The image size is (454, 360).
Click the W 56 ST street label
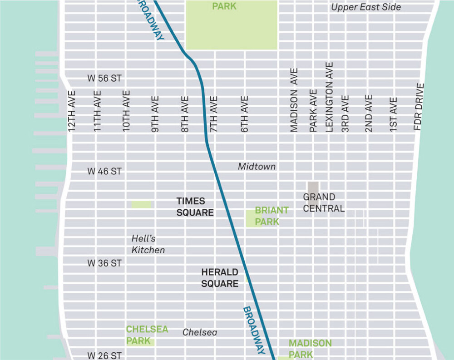pyautogui.click(x=104, y=79)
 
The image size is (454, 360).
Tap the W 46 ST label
pyautogui.click(x=104, y=171)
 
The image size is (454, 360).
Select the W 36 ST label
pyautogui.click(x=104, y=263)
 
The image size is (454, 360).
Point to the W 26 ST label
pyautogui.click(x=104, y=355)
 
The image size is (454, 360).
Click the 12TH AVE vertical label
pyautogui.click(x=71, y=112)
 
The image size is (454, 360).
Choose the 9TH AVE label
pyautogui.click(x=155, y=114)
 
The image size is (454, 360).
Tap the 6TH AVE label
pyautogui.click(x=245, y=114)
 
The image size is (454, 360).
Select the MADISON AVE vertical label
pyautogui.click(x=294, y=100)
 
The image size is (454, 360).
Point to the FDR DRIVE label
pyautogui.click(x=419, y=107)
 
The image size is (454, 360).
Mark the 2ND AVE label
pyautogui.click(x=369, y=113)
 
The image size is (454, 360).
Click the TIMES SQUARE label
pyautogui.click(x=195, y=207)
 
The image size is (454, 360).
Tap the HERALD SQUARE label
pyautogui.click(x=220, y=278)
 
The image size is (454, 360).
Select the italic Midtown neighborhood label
pyautogui.click(x=257, y=167)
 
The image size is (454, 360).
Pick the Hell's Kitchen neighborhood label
pyautogui.click(x=148, y=244)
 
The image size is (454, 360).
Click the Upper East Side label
pyautogui.click(x=366, y=7)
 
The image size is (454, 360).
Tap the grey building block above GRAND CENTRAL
pyautogui.click(x=313, y=187)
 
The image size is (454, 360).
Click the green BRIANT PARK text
pyautogui.click(x=271, y=216)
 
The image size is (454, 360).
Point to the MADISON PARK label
pyautogui.click(x=310, y=349)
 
